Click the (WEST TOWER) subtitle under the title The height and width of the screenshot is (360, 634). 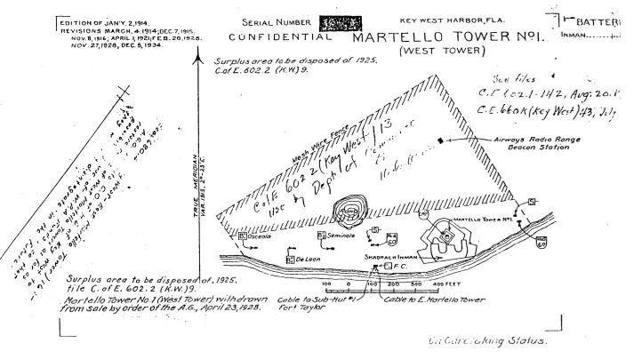coord(438,52)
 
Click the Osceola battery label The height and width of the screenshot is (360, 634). coord(259,237)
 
